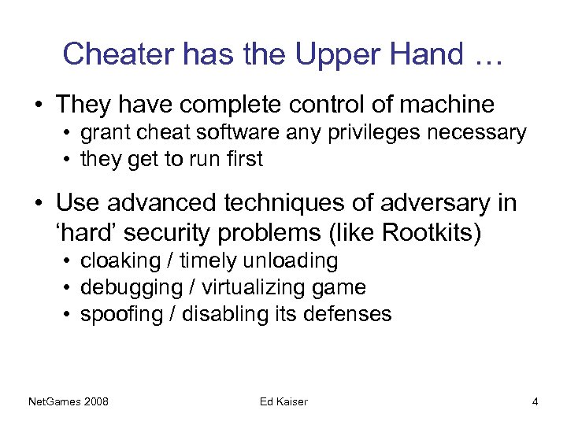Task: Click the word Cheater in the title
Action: click(117, 54)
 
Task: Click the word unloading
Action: click(293, 261)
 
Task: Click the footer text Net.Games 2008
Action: click(69, 402)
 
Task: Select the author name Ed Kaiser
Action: click(283, 402)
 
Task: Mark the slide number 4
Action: click(535, 402)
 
